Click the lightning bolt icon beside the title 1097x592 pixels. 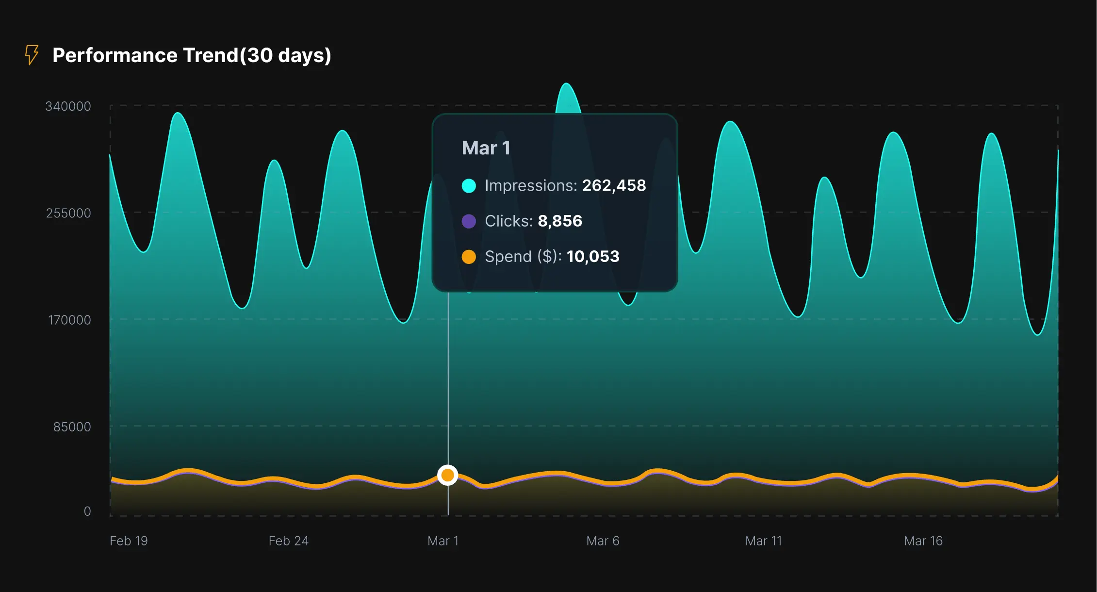pyautogui.click(x=32, y=55)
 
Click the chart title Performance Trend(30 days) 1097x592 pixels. pyautogui.click(x=192, y=55)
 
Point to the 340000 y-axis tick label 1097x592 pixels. pyautogui.click(x=68, y=106)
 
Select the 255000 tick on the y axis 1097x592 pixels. pyautogui.click(x=68, y=213)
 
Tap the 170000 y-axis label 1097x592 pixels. pyautogui.click(x=69, y=320)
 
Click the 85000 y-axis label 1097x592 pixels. pyautogui.click(x=72, y=427)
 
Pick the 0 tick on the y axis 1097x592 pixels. pyautogui.click(x=87, y=511)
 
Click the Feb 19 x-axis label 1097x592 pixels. pyautogui.click(x=129, y=541)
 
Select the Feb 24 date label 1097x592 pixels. pyautogui.click(x=288, y=541)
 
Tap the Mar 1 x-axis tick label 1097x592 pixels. pyautogui.click(x=442, y=541)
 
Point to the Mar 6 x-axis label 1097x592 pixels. pyautogui.click(x=603, y=541)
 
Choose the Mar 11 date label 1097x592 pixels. pyautogui.click(x=763, y=541)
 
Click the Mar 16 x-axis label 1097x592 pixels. pyautogui.click(x=923, y=541)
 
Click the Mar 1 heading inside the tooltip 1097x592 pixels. pyautogui.click(x=486, y=148)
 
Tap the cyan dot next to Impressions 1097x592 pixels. pyautogui.click(x=469, y=186)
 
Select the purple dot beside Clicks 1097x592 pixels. pyautogui.click(x=469, y=221)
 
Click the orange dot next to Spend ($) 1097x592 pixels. pyautogui.click(x=469, y=257)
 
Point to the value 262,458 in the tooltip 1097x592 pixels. pyautogui.click(x=614, y=185)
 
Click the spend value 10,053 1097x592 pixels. pyautogui.click(x=592, y=256)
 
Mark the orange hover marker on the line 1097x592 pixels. pyautogui.click(x=447, y=475)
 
